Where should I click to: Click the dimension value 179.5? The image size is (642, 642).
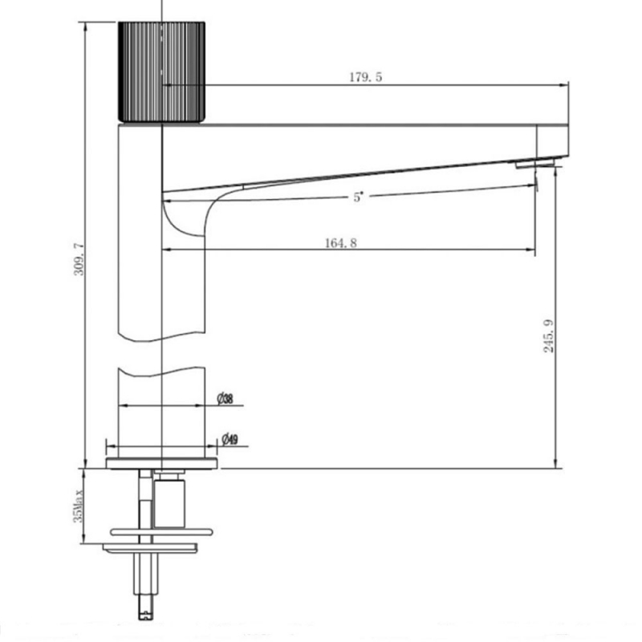[365, 77]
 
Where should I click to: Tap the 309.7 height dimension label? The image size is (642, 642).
[78, 258]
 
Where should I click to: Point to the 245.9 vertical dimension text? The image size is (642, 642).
[549, 337]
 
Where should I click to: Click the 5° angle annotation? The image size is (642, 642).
[358, 197]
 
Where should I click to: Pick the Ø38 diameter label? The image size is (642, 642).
[225, 399]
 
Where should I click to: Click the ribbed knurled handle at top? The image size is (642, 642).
[163, 72]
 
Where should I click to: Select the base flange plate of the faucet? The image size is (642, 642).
[162, 462]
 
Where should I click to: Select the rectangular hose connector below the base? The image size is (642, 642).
[169, 502]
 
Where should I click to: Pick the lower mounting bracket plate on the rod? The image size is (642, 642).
[151, 547]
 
